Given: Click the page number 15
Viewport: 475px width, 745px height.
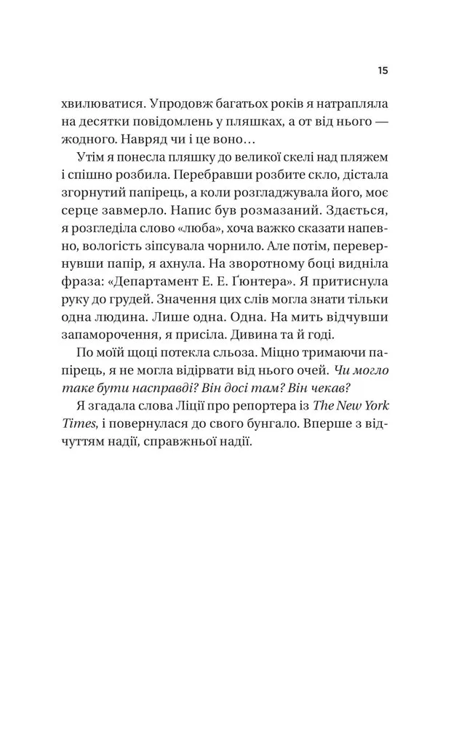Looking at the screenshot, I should click(383, 71).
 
